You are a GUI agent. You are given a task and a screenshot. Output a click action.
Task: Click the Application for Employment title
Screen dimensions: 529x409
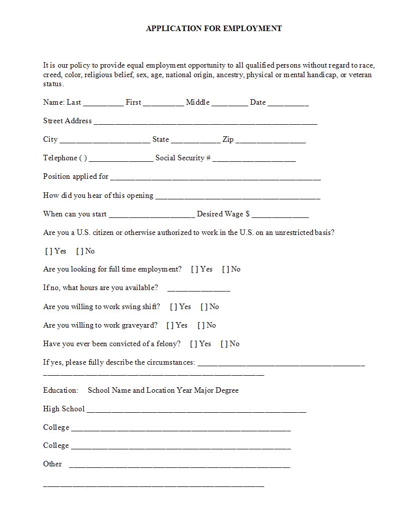click(x=214, y=29)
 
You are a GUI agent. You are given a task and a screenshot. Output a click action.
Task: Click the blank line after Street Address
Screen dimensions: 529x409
click(x=206, y=122)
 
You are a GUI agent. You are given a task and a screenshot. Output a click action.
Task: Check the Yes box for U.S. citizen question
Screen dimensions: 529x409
click(x=49, y=251)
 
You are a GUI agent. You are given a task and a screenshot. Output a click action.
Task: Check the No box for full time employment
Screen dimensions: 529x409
click(x=226, y=270)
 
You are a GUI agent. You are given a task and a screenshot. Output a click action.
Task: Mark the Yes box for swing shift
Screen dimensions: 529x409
click(x=173, y=307)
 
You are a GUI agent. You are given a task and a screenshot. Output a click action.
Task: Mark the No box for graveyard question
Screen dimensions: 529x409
click(x=201, y=326)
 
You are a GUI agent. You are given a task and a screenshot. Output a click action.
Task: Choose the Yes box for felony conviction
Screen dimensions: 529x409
click(x=193, y=344)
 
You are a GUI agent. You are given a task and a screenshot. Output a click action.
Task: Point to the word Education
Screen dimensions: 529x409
click(x=61, y=390)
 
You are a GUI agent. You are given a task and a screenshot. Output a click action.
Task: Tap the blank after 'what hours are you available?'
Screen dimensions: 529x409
click(x=198, y=289)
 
